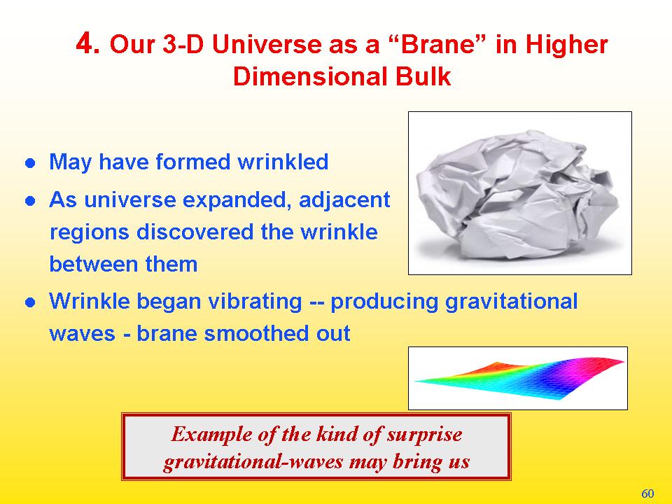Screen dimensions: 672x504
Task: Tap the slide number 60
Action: click(x=647, y=493)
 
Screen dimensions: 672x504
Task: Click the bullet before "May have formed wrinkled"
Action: click(x=30, y=163)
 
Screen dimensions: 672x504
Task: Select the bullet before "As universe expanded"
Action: click(x=30, y=201)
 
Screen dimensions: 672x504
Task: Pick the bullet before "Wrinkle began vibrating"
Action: click(x=30, y=302)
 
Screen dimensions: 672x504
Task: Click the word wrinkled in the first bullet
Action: click(x=283, y=162)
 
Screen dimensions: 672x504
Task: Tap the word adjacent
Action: click(x=344, y=200)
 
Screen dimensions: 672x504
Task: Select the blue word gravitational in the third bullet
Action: click(x=511, y=301)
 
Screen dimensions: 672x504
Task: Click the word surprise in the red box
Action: click(x=424, y=435)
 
